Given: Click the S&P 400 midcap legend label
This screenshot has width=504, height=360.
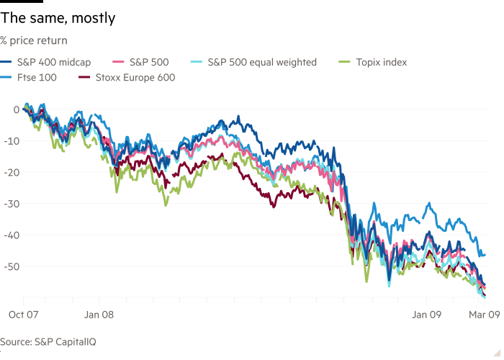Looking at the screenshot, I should pos(55,63).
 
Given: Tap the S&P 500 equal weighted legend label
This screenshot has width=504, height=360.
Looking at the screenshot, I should pos(262,63).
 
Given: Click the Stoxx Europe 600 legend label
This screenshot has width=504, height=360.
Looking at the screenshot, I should pos(134,77).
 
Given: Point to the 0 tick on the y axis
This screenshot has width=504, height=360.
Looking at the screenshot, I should pos(16,109).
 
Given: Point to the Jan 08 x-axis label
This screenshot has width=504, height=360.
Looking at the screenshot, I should pos(100,314).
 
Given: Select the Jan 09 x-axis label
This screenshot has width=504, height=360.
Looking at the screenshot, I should pos(426,314).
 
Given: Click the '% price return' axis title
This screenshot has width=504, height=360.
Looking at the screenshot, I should pos(34,40).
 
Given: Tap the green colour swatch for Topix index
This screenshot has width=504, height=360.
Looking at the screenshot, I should pos(344,63).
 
